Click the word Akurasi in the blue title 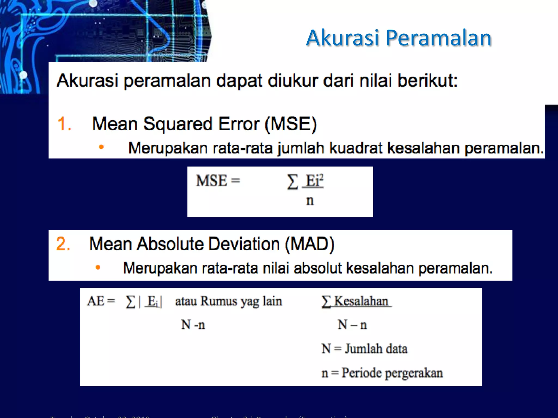[x=342, y=38]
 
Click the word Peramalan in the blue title [x=438, y=38]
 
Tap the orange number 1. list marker [x=64, y=124]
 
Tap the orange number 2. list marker [x=63, y=244]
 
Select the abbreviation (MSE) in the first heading [x=291, y=124]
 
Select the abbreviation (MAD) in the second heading [x=310, y=244]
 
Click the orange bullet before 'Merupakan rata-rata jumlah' [x=101, y=147]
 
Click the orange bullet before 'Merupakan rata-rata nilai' [x=98, y=268]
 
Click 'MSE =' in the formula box [x=218, y=181]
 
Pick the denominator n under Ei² [x=310, y=201]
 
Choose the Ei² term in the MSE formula [x=314, y=180]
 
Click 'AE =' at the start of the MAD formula [x=101, y=301]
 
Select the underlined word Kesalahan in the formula [x=361, y=301]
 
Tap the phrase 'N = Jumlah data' [x=364, y=349]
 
